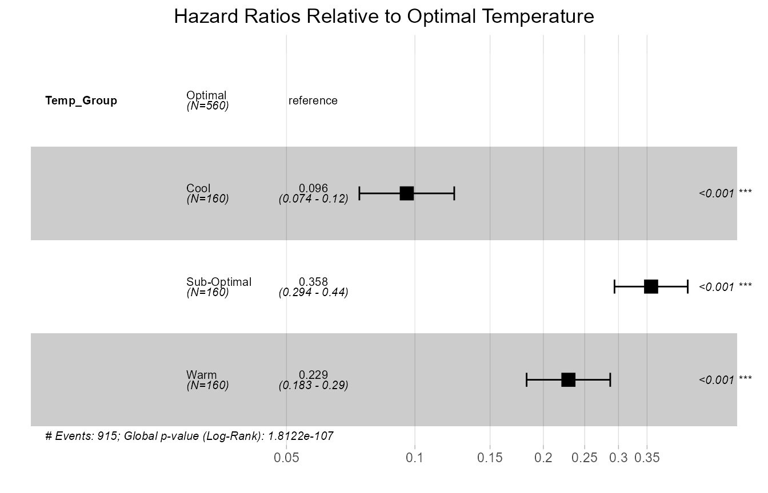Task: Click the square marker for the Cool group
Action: tap(406, 193)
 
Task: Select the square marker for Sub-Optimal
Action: tap(651, 286)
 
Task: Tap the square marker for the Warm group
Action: tap(568, 379)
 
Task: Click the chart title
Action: tap(384, 17)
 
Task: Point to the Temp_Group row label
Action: tap(81, 101)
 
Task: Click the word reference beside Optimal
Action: tap(313, 101)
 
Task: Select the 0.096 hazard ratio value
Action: tap(313, 188)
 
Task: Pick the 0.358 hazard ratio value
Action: tap(313, 281)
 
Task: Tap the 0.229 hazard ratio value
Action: tap(313, 375)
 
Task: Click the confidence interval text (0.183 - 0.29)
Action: tap(313, 385)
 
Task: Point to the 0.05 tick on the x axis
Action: tap(286, 458)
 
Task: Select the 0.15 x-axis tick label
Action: tap(490, 458)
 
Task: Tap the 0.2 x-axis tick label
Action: tap(543, 458)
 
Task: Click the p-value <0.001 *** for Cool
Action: tap(725, 193)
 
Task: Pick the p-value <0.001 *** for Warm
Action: tap(725, 379)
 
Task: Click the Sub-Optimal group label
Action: tap(219, 282)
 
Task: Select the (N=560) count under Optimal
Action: tap(207, 106)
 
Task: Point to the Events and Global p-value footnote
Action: tap(189, 437)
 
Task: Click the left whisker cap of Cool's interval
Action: tap(359, 193)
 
